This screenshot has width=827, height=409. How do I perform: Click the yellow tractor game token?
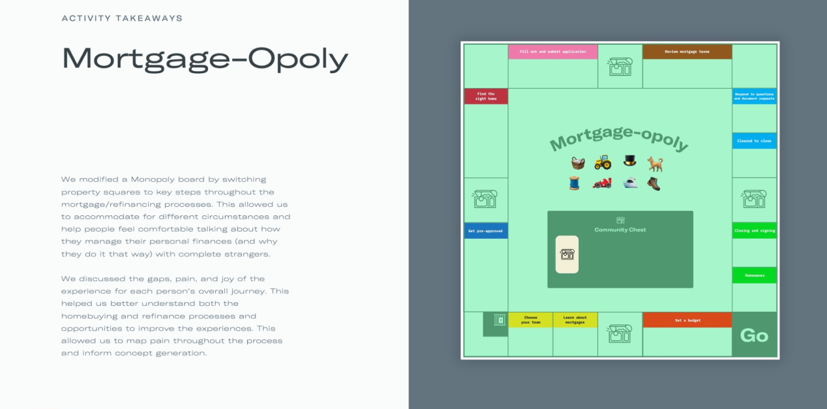[603, 162]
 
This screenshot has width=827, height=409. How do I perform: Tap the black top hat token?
[629, 160]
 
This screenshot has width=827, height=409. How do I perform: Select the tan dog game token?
[655, 163]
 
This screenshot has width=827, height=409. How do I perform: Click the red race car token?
[602, 184]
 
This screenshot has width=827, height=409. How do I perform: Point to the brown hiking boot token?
[654, 184]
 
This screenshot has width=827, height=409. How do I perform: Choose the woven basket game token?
[578, 163]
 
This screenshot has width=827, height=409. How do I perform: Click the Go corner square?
[754, 335]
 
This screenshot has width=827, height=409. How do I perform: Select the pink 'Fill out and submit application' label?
[552, 52]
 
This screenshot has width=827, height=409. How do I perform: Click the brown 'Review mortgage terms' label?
[687, 52]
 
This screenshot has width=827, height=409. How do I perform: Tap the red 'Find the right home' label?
[486, 96]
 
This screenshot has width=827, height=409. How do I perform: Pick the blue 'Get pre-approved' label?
[486, 231]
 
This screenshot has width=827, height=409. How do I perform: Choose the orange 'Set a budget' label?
[687, 320]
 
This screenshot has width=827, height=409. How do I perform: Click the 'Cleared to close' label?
[754, 141]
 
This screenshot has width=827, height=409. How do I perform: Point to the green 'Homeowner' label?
[754, 275]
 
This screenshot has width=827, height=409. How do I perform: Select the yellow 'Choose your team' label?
[530, 320]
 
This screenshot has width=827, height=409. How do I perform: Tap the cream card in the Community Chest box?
[567, 254]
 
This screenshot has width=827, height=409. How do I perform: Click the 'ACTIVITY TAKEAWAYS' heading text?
[122, 18]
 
